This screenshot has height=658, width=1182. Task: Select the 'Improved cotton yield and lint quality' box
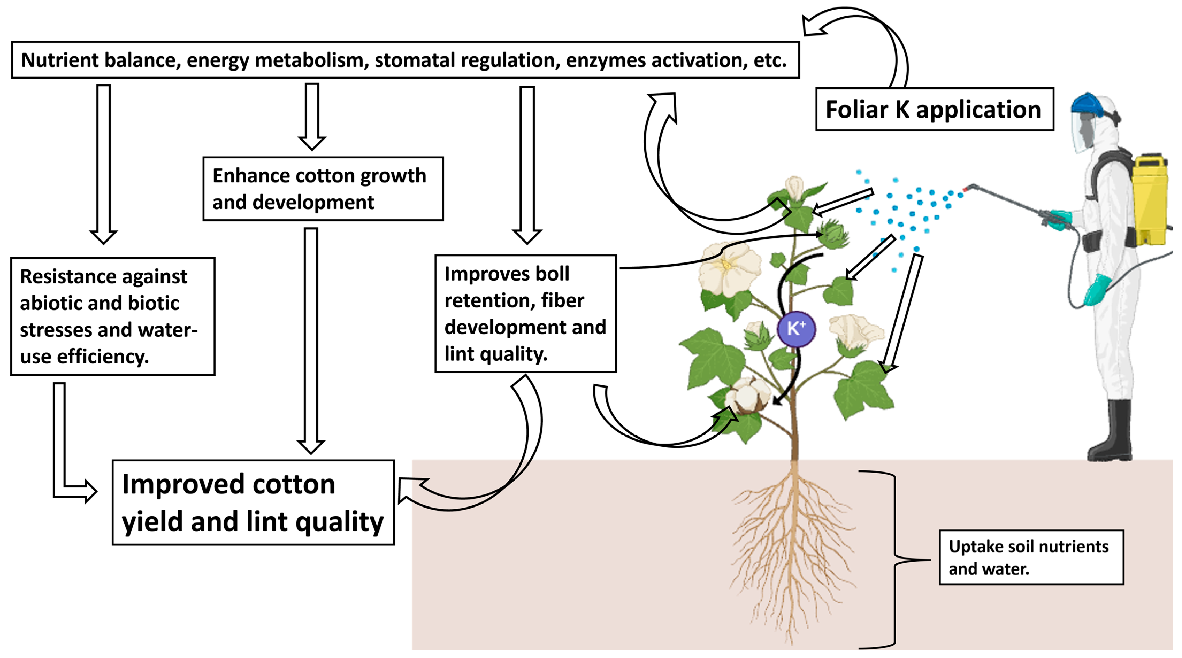tap(253, 502)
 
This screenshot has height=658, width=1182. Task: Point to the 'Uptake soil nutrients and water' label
tap(1031, 557)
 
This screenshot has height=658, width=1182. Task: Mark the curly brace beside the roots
tap(893, 559)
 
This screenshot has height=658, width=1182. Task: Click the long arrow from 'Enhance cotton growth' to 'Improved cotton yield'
tap(311, 339)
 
